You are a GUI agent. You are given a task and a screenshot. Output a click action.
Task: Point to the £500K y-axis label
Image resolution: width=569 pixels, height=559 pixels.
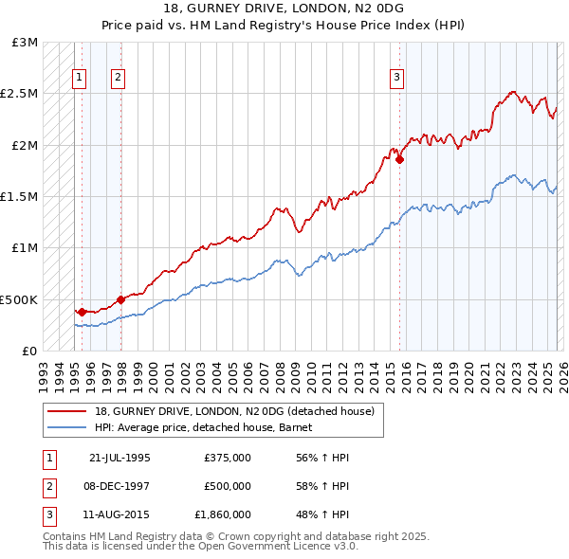point(19,299)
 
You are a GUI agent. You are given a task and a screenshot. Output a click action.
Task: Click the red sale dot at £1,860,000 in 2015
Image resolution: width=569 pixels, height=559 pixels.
point(399,159)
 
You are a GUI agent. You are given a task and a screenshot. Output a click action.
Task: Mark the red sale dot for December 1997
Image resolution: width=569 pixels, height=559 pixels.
point(120,299)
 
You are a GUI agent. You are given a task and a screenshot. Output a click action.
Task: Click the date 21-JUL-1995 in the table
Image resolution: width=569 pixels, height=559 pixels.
point(119,458)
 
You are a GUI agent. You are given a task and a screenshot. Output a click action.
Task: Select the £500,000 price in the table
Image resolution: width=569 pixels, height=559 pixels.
point(228,486)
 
